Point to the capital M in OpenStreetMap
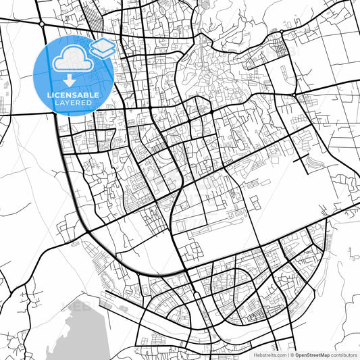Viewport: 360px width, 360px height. (x=326, y=354)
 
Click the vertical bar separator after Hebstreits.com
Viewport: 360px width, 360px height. (x=288, y=354)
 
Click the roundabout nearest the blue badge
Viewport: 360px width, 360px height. (x=42, y=24)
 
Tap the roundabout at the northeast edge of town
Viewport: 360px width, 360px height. (x=281, y=32)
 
